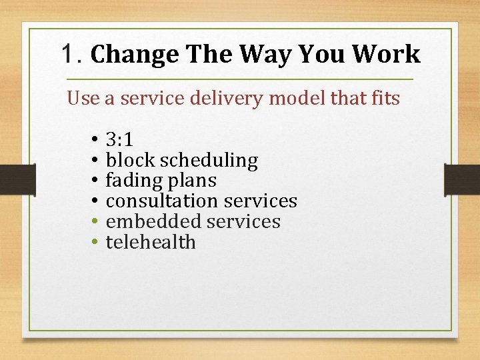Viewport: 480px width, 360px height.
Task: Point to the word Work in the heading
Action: point(387,54)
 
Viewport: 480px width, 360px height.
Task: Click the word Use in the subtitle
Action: point(83,99)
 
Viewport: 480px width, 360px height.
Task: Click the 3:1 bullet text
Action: point(119,140)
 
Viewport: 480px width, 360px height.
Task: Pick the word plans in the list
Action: point(193,181)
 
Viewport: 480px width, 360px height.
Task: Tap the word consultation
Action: point(163,201)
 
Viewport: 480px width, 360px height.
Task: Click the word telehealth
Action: point(151,242)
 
